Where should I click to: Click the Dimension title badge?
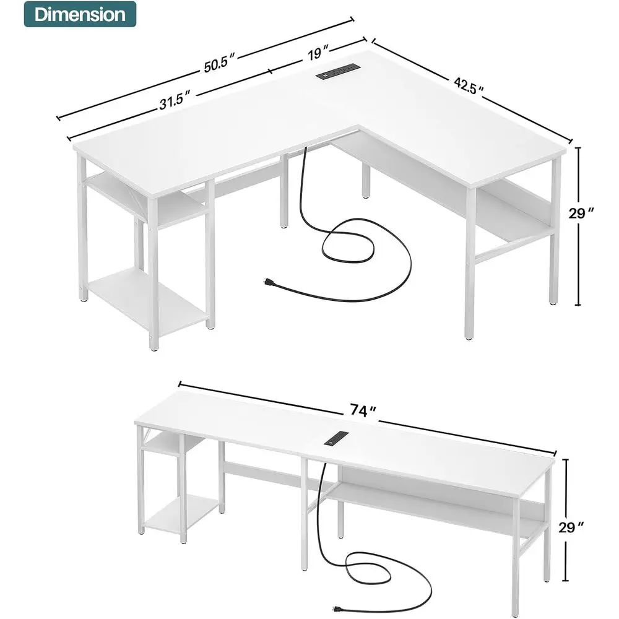click(x=79, y=14)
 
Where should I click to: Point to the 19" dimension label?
click(x=316, y=53)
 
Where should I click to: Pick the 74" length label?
click(x=363, y=410)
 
